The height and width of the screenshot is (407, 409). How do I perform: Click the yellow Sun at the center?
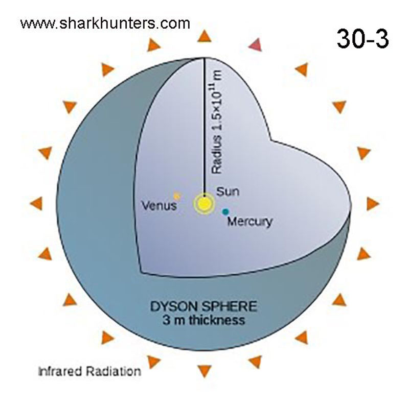point(204,203)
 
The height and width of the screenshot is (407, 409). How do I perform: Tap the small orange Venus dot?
point(177,196)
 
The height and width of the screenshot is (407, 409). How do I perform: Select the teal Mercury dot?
point(225,212)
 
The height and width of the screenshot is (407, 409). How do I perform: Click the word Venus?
point(160,206)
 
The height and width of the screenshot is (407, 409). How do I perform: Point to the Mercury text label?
point(249,222)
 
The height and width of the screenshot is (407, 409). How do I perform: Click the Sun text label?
point(228,191)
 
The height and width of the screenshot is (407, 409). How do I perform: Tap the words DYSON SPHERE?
point(203,306)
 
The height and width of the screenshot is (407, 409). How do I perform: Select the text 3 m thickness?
point(203,320)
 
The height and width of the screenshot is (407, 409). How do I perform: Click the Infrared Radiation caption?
point(90,371)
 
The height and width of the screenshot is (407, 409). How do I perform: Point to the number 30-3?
point(362,39)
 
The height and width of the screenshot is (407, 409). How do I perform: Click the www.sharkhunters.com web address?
point(105,23)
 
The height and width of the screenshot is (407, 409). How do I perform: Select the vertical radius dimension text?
point(217,122)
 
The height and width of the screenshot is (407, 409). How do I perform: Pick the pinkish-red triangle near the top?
point(255,45)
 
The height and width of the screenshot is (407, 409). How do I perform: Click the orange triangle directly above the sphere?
point(204,36)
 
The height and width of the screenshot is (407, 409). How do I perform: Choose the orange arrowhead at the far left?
point(36,203)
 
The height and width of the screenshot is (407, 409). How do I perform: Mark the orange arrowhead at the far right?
point(373,203)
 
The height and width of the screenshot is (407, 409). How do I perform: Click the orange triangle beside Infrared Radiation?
point(153,362)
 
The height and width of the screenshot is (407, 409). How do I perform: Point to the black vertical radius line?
point(204,126)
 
